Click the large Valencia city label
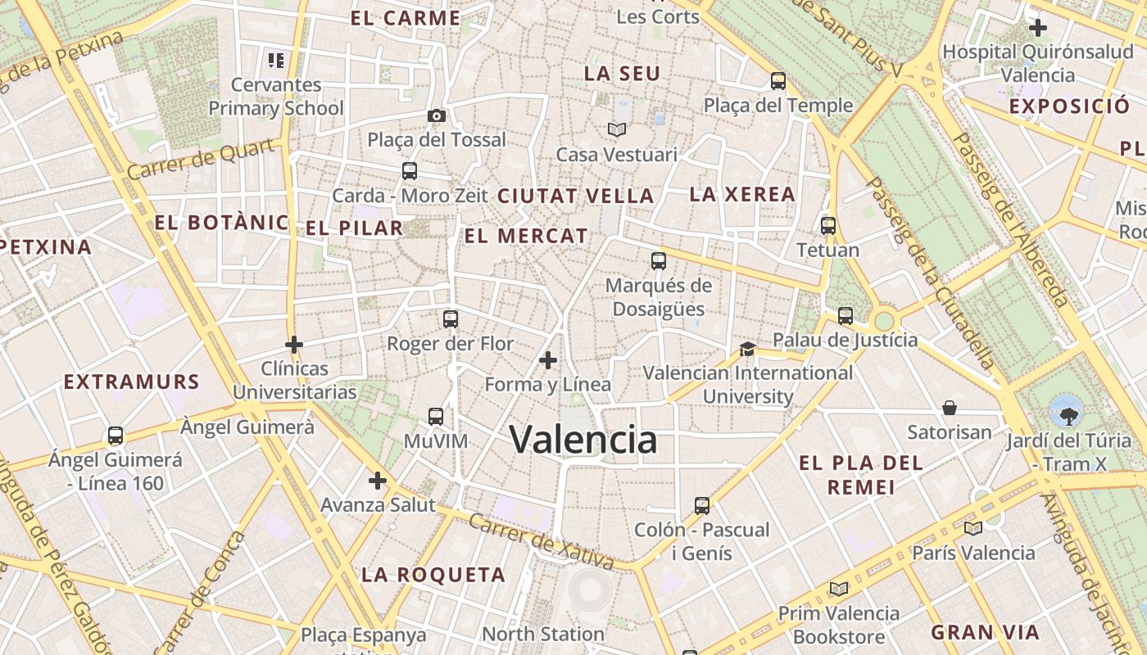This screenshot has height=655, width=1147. pos(583,440)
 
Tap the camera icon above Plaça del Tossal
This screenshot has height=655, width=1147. pos(437,115)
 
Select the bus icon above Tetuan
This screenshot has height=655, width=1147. pos(828,225)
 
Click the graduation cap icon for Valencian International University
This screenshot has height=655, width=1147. pos(747,350)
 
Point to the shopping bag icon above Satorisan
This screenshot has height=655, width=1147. pos(950,408)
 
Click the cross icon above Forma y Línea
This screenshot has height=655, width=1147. pos(548,360)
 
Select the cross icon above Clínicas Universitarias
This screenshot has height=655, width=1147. pos(294,345)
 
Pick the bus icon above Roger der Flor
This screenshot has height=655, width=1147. pos(450,319)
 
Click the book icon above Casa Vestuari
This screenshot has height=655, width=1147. pos(616,129)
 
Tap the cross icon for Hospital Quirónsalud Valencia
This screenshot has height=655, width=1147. pos(1038,28)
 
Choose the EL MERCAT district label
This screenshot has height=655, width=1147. pos(526,237)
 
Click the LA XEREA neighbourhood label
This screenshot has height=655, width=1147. pos(742,194)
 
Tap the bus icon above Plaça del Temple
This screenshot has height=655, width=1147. pos(778,81)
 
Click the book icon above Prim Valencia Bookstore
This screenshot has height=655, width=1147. pos(838,589)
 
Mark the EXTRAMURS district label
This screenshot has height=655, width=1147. pos(131,382)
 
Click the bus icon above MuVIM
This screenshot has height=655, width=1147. pos(436,417)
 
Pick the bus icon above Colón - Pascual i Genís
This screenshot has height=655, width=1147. pos(702,505)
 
